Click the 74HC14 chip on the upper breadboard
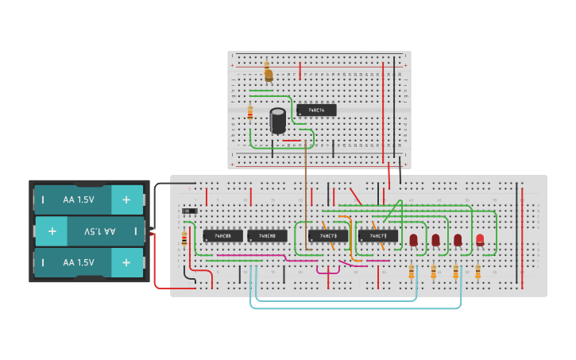316,110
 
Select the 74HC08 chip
222,236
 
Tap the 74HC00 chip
267,236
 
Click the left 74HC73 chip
328,236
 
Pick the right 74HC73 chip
378,236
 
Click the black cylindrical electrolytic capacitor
277,121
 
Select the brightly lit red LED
480,239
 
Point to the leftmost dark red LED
413,239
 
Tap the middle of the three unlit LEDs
435,239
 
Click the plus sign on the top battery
126,199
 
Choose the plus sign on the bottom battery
126,262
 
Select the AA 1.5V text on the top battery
79,199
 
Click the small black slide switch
190,211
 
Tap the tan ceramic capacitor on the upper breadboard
268,74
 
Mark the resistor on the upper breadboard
249,114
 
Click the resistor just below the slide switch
184,238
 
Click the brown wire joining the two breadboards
306,183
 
